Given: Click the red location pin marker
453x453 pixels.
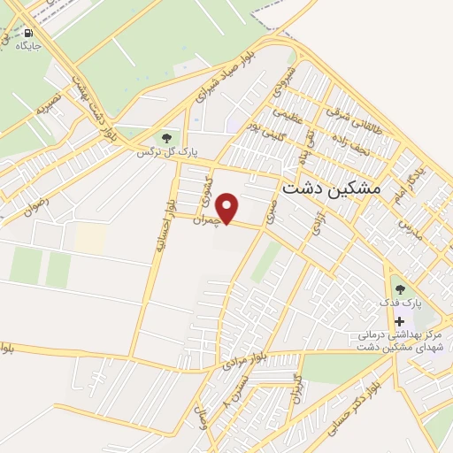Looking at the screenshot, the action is [228, 208].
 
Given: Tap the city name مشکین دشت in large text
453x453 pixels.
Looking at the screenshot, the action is [330, 189].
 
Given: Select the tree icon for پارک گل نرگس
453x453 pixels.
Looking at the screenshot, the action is [166, 138].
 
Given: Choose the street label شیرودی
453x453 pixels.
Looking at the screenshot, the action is [294, 85].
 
